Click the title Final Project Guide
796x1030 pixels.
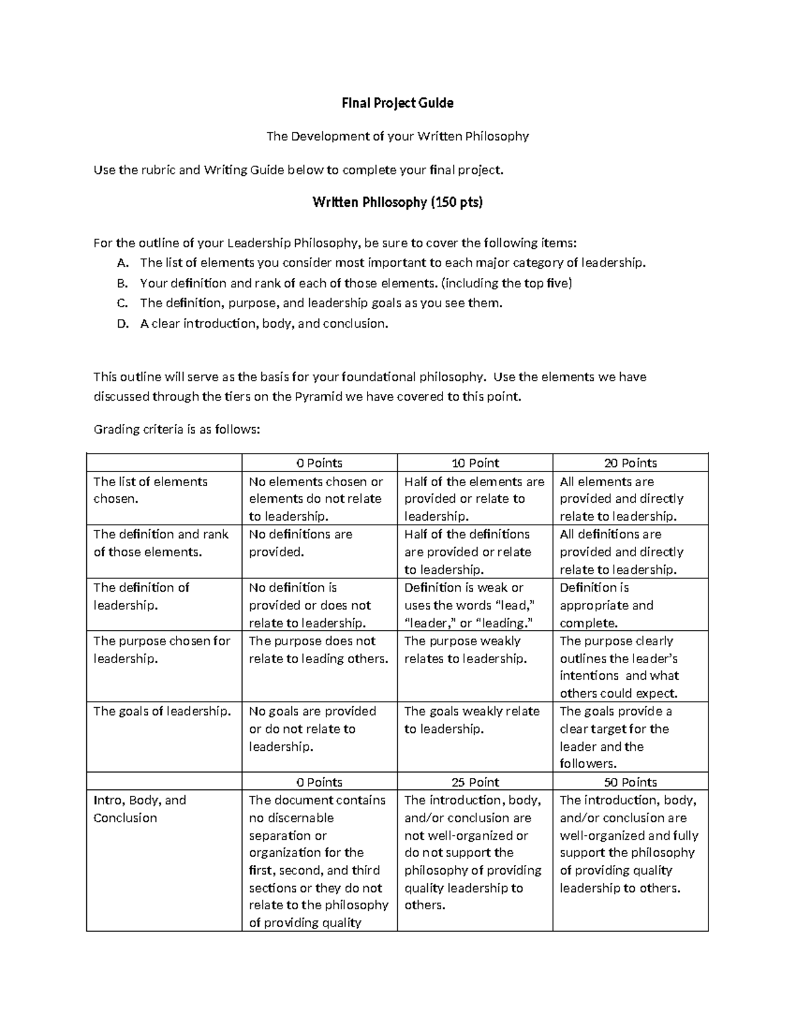[397, 103]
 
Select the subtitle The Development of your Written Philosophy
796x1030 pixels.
[397, 136]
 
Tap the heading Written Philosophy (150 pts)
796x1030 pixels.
[397, 202]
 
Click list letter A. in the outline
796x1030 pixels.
[122, 263]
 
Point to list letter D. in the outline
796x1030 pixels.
[122, 324]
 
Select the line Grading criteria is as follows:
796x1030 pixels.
[177, 429]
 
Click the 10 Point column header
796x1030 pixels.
[475, 463]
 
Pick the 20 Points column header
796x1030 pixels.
[630, 463]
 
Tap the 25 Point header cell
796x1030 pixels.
[475, 782]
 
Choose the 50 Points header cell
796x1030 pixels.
[630, 782]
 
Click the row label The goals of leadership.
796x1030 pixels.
[163, 711]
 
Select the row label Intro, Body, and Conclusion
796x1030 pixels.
[140, 808]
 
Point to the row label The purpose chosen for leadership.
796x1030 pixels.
[162, 649]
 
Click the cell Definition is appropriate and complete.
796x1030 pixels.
[606, 605]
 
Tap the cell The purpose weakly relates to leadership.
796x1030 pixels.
[465, 649]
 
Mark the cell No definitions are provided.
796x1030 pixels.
[300, 543]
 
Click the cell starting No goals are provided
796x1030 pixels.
[312, 728]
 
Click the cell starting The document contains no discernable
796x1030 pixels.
[318, 861]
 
